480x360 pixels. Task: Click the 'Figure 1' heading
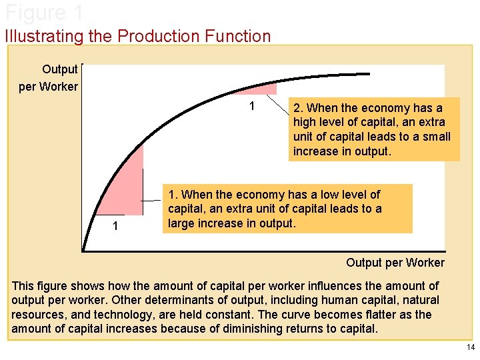tap(43, 12)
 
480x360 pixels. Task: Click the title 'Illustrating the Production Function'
tap(138, 36)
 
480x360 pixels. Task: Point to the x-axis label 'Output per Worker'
tap(395, 262)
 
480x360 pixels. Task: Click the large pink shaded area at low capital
tap(127, 187)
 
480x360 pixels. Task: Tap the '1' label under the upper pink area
tap(252, 107)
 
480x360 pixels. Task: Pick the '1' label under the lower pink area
tap(115, 227)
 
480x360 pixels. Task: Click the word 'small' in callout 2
tap(435, 137)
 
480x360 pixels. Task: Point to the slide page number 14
tap(471, 347)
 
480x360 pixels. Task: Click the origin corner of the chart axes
tap(83, 251)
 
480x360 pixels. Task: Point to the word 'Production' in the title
tap(157, 36)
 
